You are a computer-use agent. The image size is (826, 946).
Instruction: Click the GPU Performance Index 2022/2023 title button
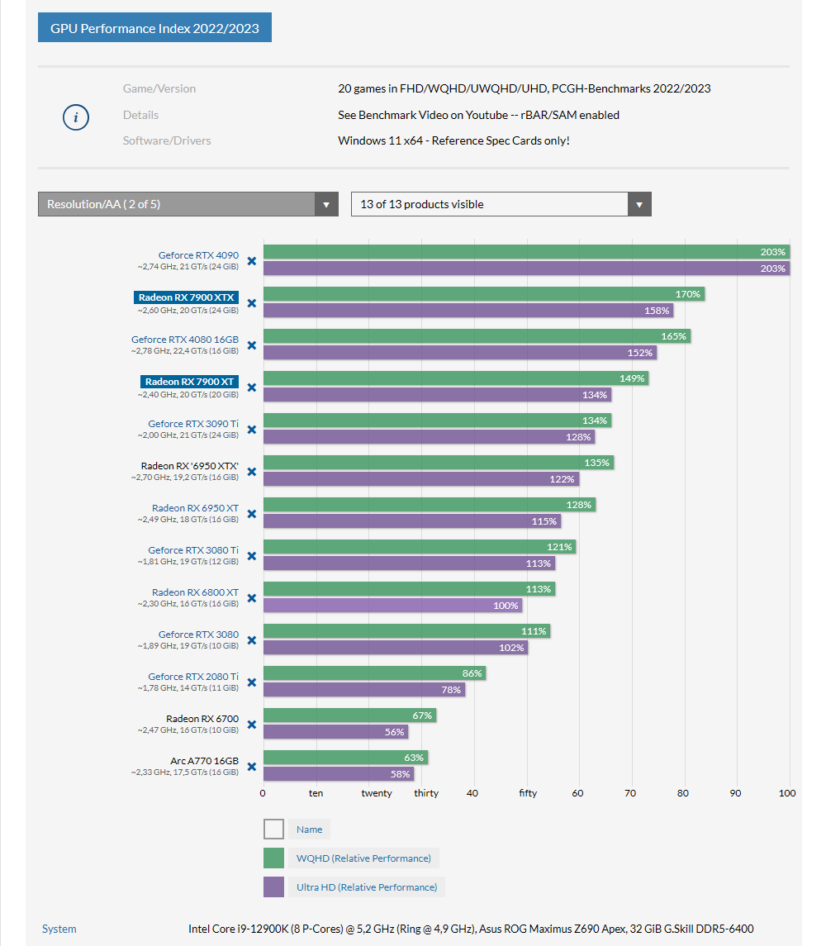154,28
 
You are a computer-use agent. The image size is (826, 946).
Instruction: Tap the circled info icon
76,117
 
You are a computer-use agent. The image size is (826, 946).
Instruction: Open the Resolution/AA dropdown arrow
326,205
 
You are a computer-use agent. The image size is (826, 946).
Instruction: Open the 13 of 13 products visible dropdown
501,204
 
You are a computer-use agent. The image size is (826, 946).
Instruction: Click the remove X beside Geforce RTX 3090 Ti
252,430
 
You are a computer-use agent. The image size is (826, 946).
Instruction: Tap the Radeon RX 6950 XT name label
195,508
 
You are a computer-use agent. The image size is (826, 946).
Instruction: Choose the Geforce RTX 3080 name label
198,635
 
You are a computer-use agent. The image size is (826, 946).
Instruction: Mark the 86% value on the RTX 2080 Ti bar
472,673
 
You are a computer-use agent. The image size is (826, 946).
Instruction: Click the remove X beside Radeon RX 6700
252,725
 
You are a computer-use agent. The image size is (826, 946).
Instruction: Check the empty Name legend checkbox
273,830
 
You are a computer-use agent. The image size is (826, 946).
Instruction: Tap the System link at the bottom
59,929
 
